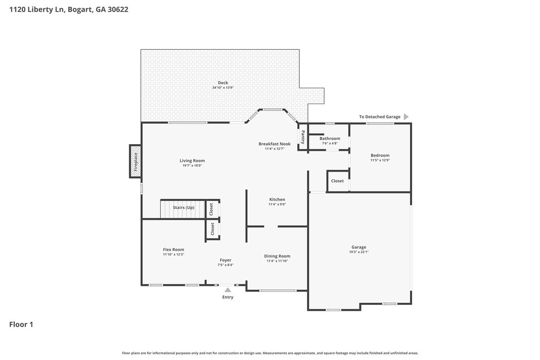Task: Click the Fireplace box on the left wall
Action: [x=135, y=161]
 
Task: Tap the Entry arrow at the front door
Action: [x=228, y=290]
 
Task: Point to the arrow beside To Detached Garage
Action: [x=406, y=117]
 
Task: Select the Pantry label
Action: [x=303, y=137]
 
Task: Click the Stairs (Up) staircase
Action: [x=183, y=209]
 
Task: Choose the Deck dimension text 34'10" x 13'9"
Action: [x=223, y=88]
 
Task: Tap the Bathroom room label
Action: [x=330, y=139]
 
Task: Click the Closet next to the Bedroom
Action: [x=338, y=181]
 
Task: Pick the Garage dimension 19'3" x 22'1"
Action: [x=359, y=252]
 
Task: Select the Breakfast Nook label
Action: [x=274, y=144]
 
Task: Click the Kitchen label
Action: [x=277, y=199]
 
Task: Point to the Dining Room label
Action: [x=277, y=256]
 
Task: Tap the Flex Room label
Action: [x=174, y=250]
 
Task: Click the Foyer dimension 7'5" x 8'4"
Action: [x=226, y=265]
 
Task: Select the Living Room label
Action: [x=192, y=161]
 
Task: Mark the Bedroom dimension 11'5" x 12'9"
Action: [x=380, y=160]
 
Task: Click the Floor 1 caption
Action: [x=21, y=325]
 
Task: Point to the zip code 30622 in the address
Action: [x=118, y=9]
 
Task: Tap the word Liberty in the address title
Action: [x=41, y=9]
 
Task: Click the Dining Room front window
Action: [x=277, y=291]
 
